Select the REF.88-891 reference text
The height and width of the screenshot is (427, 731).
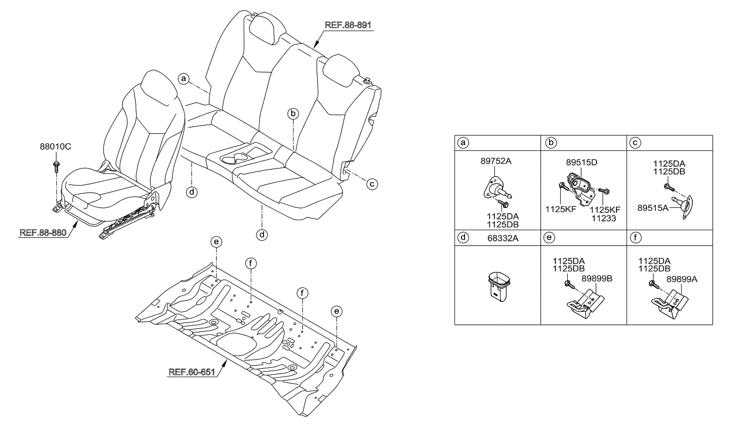pos(349,25)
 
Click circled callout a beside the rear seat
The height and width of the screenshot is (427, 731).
pos(184,78)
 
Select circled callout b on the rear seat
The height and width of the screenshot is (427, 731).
pos(293,114)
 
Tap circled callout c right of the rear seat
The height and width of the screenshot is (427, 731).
pos(371,184)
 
